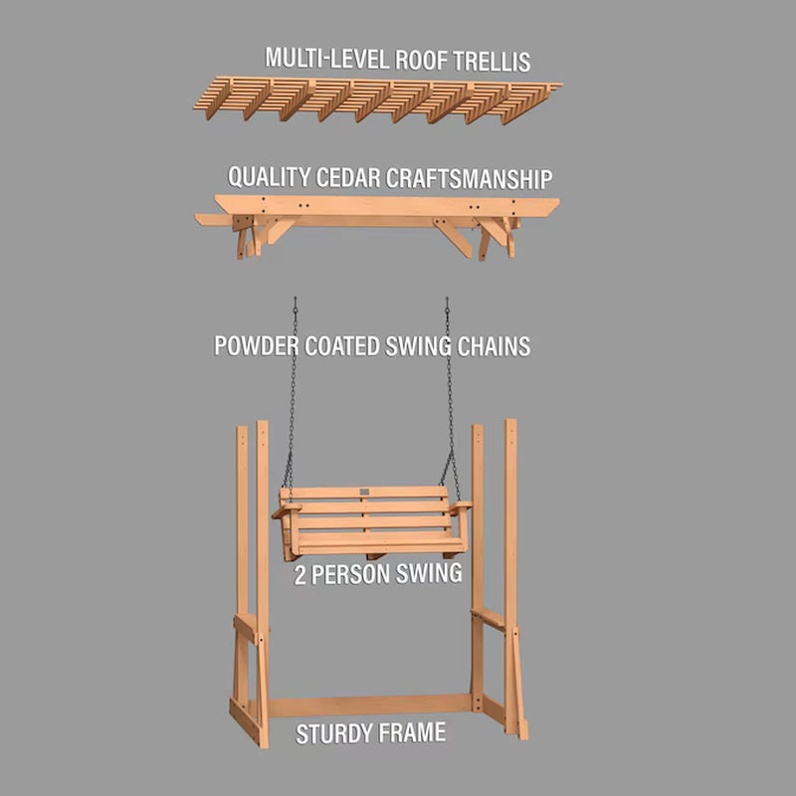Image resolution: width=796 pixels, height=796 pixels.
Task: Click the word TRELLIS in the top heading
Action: coord(492,61)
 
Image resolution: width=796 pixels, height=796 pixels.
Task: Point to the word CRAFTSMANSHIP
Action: coord(469,179)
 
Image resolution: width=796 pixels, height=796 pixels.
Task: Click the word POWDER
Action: coord(257,345)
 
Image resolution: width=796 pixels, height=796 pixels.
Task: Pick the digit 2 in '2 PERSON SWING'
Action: coord(300,576)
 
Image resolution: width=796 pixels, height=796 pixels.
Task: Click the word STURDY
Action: coord(334,734)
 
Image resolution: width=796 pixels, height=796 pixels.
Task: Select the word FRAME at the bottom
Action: coord(412,733)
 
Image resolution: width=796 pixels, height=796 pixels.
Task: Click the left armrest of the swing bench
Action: coord(287,509)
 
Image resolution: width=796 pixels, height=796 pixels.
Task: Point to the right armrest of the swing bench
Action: coord(460,506)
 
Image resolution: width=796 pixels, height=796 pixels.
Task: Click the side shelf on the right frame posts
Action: coord(488,618)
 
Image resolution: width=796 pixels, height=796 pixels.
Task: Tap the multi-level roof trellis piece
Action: coord(378,99)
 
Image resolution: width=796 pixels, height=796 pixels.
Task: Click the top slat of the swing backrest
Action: coord(364,493)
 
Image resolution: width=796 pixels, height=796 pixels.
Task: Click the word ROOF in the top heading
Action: coord(421,60)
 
